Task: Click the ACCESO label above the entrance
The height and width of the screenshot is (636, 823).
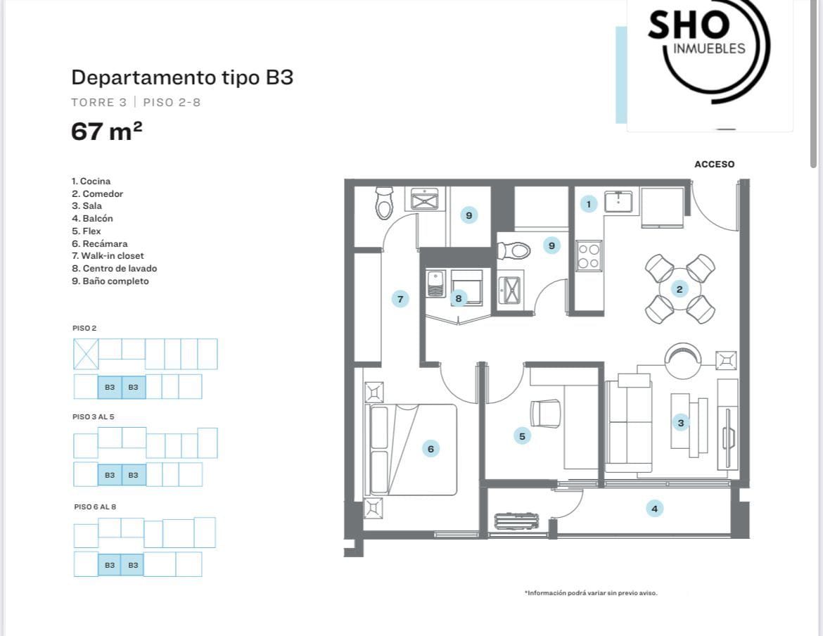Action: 714,164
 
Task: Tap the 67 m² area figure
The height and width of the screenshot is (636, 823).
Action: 106,131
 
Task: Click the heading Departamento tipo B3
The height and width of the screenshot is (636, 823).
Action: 182,77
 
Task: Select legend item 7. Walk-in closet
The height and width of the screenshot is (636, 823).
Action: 108,255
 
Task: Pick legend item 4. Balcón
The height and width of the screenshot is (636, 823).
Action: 92,218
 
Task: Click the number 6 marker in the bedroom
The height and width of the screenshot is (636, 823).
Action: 430,449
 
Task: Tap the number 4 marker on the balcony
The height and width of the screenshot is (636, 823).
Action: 654,509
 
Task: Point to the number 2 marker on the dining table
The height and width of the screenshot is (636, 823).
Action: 680,289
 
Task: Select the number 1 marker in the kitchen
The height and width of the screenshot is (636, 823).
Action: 588,204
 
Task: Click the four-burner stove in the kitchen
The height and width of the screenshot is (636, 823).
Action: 589,256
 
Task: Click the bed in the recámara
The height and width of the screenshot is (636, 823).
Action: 411,450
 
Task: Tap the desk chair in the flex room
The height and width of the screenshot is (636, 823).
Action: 545,414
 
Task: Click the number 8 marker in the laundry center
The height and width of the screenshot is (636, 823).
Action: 458,298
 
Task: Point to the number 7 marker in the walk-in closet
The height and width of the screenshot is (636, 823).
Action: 400,299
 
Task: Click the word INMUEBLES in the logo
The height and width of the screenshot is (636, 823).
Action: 709,49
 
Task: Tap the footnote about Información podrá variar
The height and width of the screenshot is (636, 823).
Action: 591,593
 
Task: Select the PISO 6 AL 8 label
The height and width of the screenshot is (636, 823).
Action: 95,507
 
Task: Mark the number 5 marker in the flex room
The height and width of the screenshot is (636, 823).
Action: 522,436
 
